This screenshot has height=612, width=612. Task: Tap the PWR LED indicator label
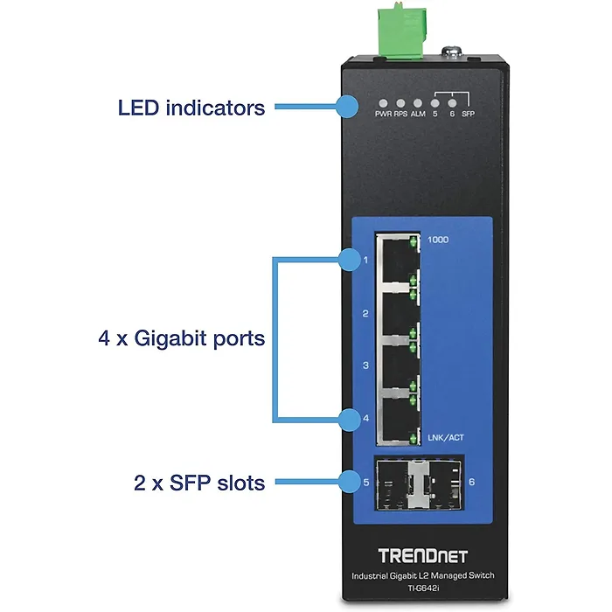click(x=383, y=115)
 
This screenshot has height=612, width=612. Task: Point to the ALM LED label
click(x=418, y=115)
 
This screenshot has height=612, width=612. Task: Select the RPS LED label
click(x=400, y=115)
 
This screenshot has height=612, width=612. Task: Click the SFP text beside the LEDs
click(x=468, y=115)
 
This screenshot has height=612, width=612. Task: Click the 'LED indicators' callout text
click(x=191, y=108)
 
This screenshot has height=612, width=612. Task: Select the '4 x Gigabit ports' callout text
click(x=181, y=338)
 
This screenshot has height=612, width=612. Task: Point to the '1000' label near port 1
click(x=439, y=239)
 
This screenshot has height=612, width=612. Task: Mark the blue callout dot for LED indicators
click(x=347, y=107)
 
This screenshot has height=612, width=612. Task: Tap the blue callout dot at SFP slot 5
click(x=348, y=480)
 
